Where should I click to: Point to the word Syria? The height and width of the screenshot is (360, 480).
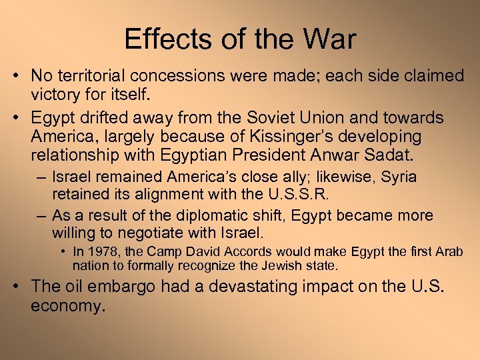[x=397, y=178]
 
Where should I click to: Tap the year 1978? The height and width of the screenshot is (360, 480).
[x=101, y=252]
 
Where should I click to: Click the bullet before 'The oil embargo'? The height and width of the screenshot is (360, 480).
[x=19, y=287]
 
